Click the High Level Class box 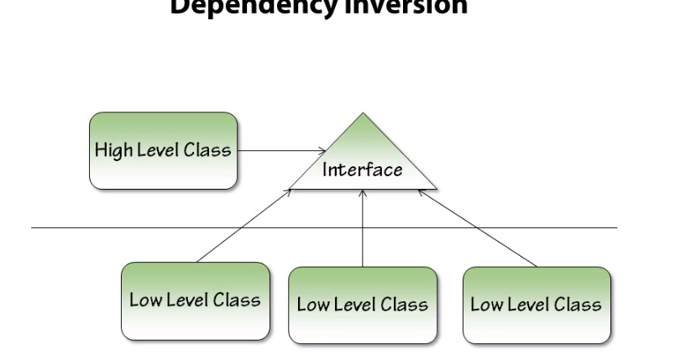(x=163, y=151)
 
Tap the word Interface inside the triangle (x=363, y=170)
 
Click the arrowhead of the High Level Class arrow (x=322, y=151)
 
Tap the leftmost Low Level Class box (x=196, y=300)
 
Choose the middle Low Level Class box (x=363, y=305)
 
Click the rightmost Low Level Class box (x=537, y=305)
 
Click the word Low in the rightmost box (x=485, y=305)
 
